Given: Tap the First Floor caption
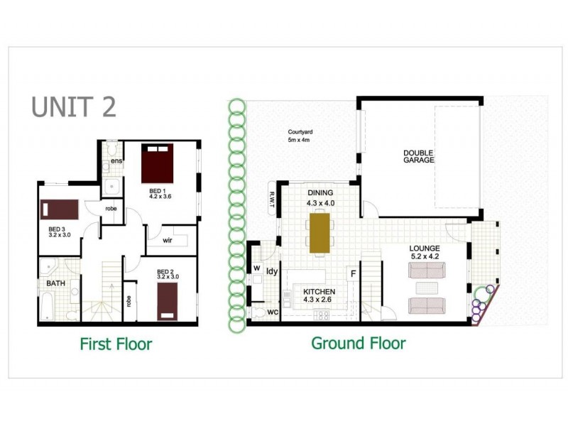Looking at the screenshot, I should click(116, 344).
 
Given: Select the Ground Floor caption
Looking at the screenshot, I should click(359, 344).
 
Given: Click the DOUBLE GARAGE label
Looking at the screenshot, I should click(419, 156).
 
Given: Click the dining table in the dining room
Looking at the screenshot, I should click(319, 232).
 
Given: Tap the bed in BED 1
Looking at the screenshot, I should click(158, 164).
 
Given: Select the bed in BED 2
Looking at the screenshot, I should click(168, 300).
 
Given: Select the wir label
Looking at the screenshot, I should click(168, 240).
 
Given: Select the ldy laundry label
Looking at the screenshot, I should click(271, 271).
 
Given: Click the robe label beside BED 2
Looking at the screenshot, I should click(129, 300).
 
